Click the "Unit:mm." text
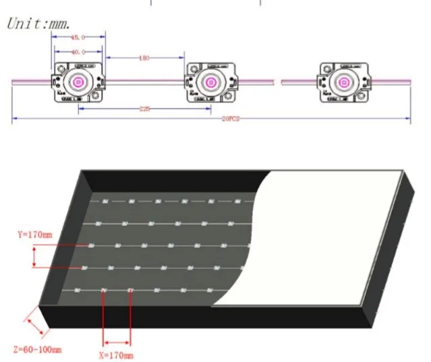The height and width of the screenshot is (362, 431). pyautogui.click(x=39, y=23)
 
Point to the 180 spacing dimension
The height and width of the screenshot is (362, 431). pyautogui.click(x=143, y=58)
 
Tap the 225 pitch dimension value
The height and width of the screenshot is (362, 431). pyautogui.click(x=144, y=108)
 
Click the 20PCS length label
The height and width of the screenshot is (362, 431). pyautogui.click(x=230, y=119)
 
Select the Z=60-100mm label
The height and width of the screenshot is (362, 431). pyautogui.click(x=37, y=349)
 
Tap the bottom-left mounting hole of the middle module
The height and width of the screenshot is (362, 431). pyautogui.click(x=194, y=96)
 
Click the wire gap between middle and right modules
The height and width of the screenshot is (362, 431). pyautogui.click(x=278, y=82)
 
